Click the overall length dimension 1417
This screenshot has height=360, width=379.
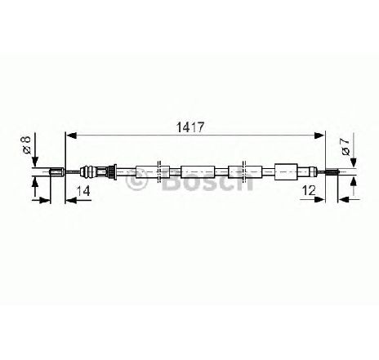tap(190, 127)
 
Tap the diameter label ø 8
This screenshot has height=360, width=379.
tap(27, 145)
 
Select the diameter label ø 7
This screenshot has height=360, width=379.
tap(346, 147)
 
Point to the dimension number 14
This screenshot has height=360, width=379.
tap(82, 191)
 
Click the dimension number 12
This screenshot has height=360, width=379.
tap(309, 190)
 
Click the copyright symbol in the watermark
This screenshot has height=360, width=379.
tap(136, 180)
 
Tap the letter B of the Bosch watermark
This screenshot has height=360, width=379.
tap(171, 180)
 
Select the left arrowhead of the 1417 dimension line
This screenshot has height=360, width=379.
tap(71, 136)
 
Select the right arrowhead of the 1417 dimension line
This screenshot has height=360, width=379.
tap(319, 136)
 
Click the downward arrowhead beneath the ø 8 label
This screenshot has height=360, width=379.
tap(35, 161)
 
